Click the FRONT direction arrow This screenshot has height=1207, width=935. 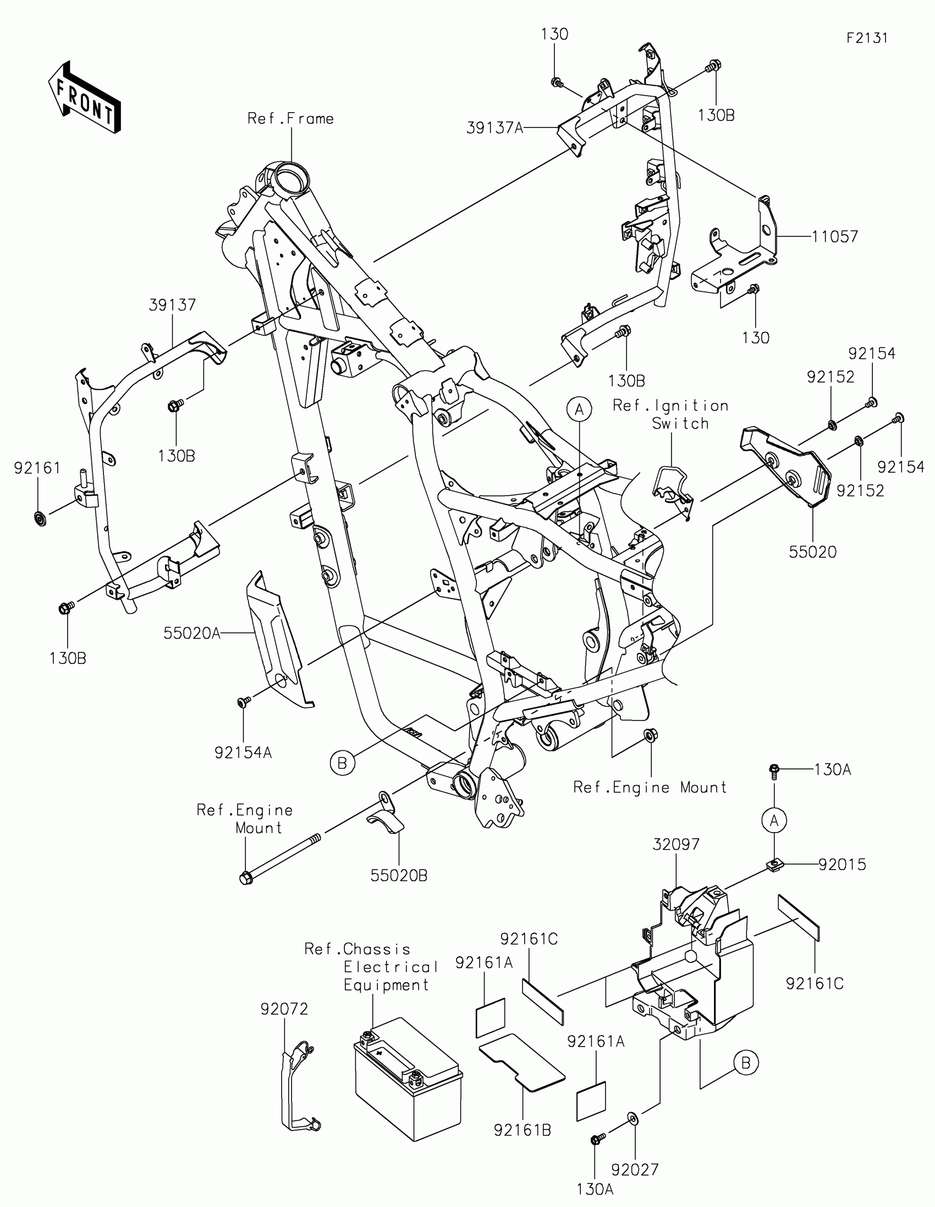(x=85, y=97)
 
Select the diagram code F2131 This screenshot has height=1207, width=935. (x=866, y=38)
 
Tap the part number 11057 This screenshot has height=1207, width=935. (x=834, y=236)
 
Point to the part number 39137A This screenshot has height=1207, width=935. (x=494, y=128)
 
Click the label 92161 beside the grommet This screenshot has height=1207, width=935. (x=37, y=468)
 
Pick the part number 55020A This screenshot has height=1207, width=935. (x=191, y=633)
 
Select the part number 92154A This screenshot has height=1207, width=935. (x=243, y=752)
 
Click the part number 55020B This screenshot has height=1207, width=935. (x=399, y=876)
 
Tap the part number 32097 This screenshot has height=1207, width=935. (x=676, y=844)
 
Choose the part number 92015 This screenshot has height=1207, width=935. (x=842, y=865)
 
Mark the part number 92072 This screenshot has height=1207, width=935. (x=284, y=1009)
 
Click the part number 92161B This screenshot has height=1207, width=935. (x=522, y=1131)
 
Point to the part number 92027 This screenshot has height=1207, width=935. (x=634, y=1170)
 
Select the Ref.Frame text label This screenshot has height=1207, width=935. (x=290, y=119)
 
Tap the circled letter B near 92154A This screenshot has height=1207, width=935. (x=342, y=763)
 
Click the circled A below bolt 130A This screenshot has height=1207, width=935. (x=774, y=821)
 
